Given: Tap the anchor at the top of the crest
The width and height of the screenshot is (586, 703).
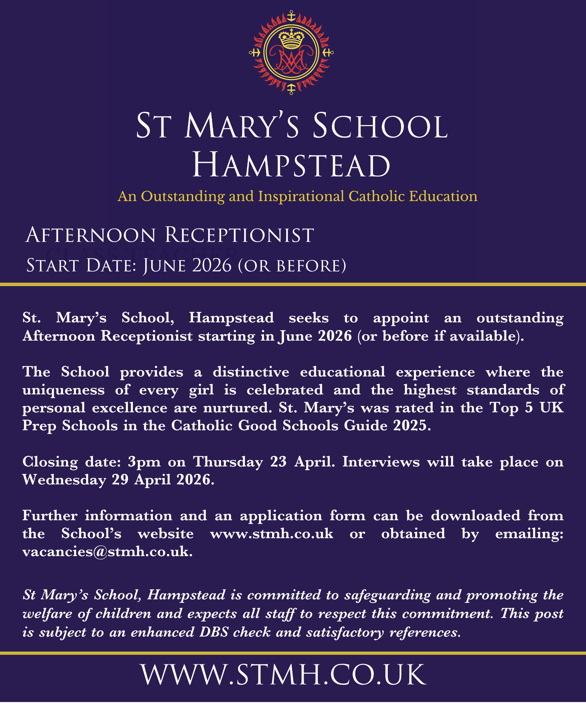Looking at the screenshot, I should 291,16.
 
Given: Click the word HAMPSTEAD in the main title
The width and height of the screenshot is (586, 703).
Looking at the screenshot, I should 291,166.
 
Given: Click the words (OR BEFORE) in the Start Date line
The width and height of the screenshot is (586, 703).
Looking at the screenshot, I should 292,266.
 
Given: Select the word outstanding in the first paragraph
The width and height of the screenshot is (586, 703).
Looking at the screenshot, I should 520,318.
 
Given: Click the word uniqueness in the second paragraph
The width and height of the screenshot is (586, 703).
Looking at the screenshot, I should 63,390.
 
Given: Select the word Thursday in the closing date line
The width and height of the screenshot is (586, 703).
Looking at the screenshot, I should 228,462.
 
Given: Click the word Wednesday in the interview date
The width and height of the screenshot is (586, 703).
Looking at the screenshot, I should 64,480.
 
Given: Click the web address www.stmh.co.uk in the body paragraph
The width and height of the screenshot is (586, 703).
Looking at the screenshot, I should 271,534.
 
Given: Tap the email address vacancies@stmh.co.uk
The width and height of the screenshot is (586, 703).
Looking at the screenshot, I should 107,552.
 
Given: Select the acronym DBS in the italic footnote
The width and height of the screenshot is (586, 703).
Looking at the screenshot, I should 214,632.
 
